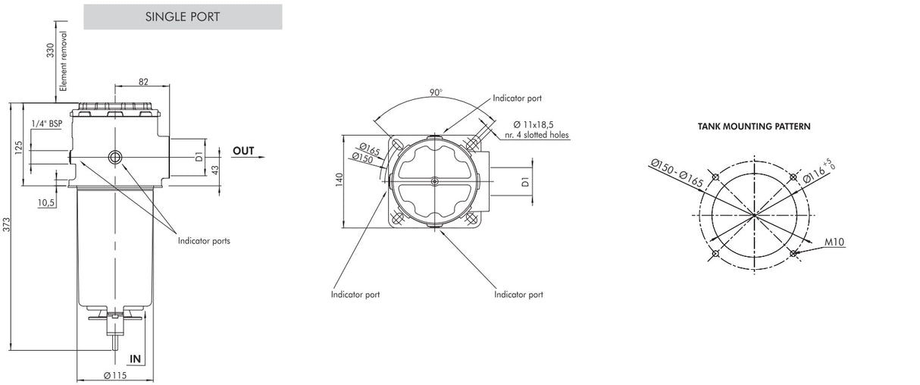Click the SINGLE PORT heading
pyautogui.click(x=183, y=17)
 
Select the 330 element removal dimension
pyautogui.click(x=51, y=52)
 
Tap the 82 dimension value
pyautogui.click(x=142, y=80)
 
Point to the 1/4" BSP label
pyautogui.click(x=47, y=123)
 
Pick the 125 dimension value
pyautogui.click(x=19, y=146)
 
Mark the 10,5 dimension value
pyautogui.click(x=47, y=203)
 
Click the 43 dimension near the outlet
pyautogui.click(x=215, y=169)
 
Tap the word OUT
pyautogui.click(x=243, y=151)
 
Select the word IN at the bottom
pyautogui.click(x=136, y=358)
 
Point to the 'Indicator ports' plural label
pyautogui.click(x=204, y=241)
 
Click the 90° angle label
pyautogui.click(x=436, y=92)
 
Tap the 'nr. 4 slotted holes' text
pyautogui.click(x=537, y=135)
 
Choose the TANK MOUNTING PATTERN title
pyautogui.click(x=754, y=127)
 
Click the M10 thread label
pyautogui.click(x=835, y=242)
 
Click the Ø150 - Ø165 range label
pyautogui.click(x=677, y=174)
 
